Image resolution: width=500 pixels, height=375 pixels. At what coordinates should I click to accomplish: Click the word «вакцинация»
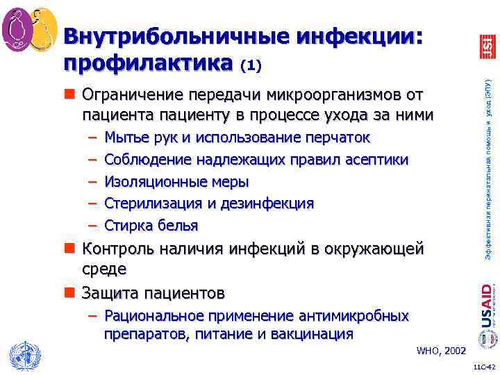[x=313, y=334]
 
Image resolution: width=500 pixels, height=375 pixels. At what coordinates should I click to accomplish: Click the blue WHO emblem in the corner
[x=21, y=356]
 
